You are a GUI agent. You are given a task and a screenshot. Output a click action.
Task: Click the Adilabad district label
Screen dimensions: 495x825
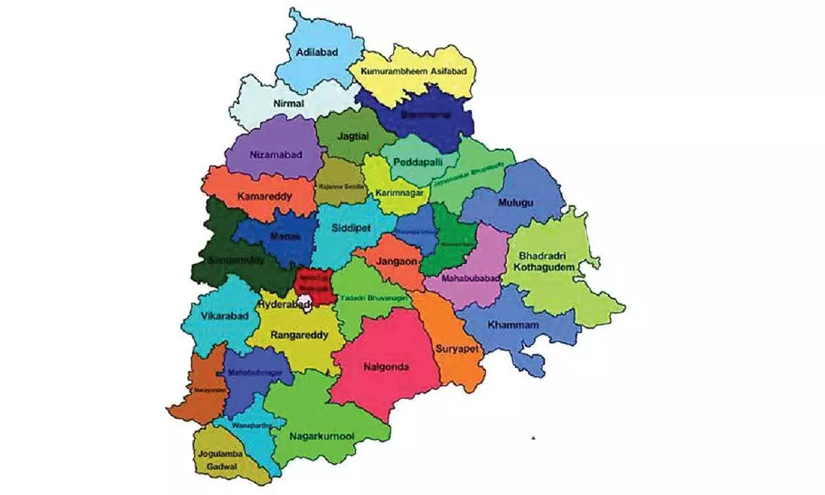point(318,52)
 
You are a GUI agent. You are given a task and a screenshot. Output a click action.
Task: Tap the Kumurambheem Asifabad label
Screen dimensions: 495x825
point(412,71)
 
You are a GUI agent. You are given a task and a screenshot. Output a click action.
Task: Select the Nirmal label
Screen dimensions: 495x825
point(288,103)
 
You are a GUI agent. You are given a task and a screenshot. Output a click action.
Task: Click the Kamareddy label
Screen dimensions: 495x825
point(265,197)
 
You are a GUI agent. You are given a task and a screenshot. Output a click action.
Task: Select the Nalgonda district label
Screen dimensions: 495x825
point(386,367)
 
